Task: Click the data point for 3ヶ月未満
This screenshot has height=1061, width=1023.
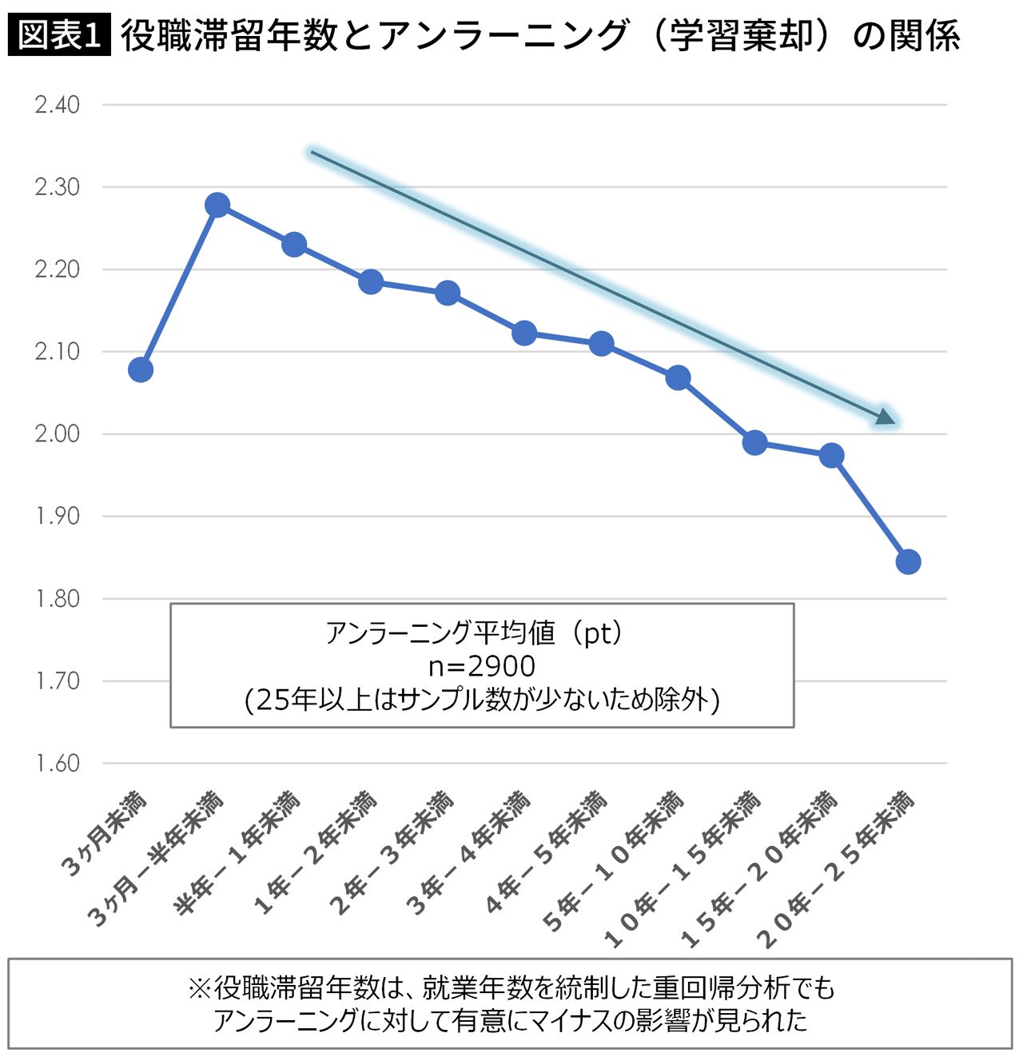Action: (x=141, y=369)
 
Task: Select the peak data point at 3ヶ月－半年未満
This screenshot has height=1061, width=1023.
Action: (x=217, y=205)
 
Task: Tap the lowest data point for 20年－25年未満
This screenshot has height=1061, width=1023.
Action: (x=908, y=561)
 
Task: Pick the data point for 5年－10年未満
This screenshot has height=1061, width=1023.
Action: (x=678, y=377)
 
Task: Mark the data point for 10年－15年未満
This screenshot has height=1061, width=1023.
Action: (x=754, y=442)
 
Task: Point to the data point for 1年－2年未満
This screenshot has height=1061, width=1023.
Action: (x=371, y=281)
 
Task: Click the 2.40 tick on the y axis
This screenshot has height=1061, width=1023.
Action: (x=58, y=105)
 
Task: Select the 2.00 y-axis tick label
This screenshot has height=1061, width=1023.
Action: (x=58, y=434)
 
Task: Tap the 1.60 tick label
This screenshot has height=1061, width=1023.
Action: (x=58, y=764)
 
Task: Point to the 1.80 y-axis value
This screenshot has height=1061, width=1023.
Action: (x=58, y=599)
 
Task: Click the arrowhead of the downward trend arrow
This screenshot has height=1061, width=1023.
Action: (x=886, y=417)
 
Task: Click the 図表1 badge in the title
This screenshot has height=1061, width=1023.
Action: (x=59, y=36)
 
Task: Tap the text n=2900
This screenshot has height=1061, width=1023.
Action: (x=482, y=665)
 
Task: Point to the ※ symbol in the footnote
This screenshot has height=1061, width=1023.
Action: (x=199, y=989)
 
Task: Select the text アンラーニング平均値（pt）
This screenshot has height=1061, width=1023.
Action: (x=476, y=633)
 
